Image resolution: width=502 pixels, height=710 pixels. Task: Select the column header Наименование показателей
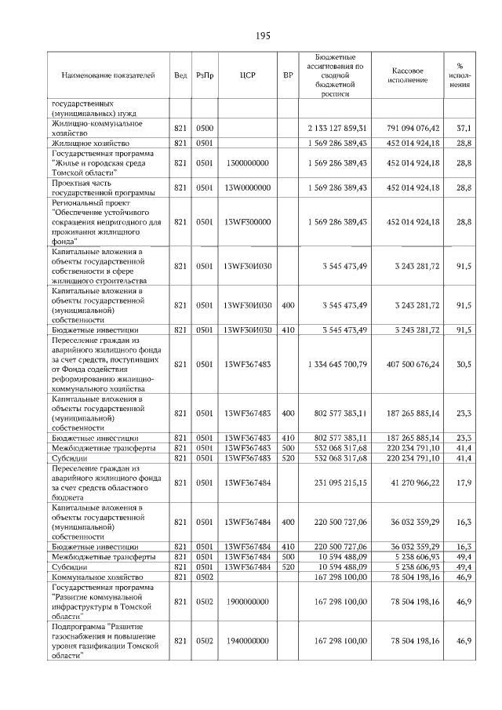(x=108, y=75)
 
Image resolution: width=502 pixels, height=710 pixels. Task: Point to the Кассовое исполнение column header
(x=408, y=75)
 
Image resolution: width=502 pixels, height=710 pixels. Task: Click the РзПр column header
(x=205, y=75)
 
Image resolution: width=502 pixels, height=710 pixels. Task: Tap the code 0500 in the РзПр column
(x=205, y=128)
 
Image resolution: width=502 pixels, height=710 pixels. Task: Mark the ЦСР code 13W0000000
(x=247, y=188)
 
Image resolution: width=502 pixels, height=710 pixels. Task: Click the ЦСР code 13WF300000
(x=247, y=222)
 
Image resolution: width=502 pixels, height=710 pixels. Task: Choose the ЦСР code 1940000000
(x=247, y=641)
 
